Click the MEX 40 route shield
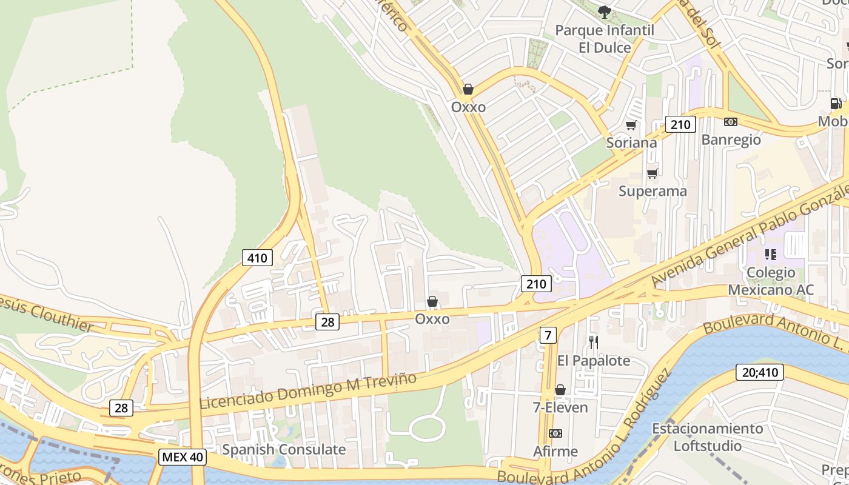click(x=182, y=457)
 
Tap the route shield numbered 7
click(x=548, y=335)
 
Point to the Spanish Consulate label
click(x=284, y=450)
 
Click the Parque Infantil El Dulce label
click(x=604, y=39)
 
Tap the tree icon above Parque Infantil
click(x=604, y=12)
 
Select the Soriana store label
click(x=631, y=142)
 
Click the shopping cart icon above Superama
click(x=652, y=174)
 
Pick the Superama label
click(x=653, y=192)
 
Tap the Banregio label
click(x=731, y=140)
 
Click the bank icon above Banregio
click(x=731, y=122)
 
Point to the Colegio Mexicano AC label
click(x=771, y=281)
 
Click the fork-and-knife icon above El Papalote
click(x=594, y=343)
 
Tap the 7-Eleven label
click(x=560, y=407)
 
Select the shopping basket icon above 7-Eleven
click(x=560, y=390)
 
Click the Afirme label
click(x=555, y=452)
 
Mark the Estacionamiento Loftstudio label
click(x=708, y=438)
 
